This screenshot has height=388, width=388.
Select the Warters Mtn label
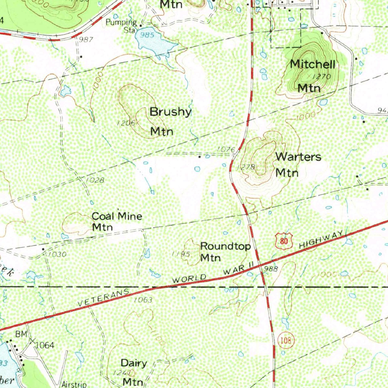[x=298, y=164]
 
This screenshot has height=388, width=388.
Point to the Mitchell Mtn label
[x=312, y=76]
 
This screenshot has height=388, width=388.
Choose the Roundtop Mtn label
[x=225, y=252]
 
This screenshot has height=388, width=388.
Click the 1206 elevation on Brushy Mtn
[x=126, y=123]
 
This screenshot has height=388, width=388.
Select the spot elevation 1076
[x=227, y=149]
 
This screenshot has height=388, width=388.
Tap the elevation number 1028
[x=95, y=180]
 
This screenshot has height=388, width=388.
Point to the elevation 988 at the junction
[x=271, y=269]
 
